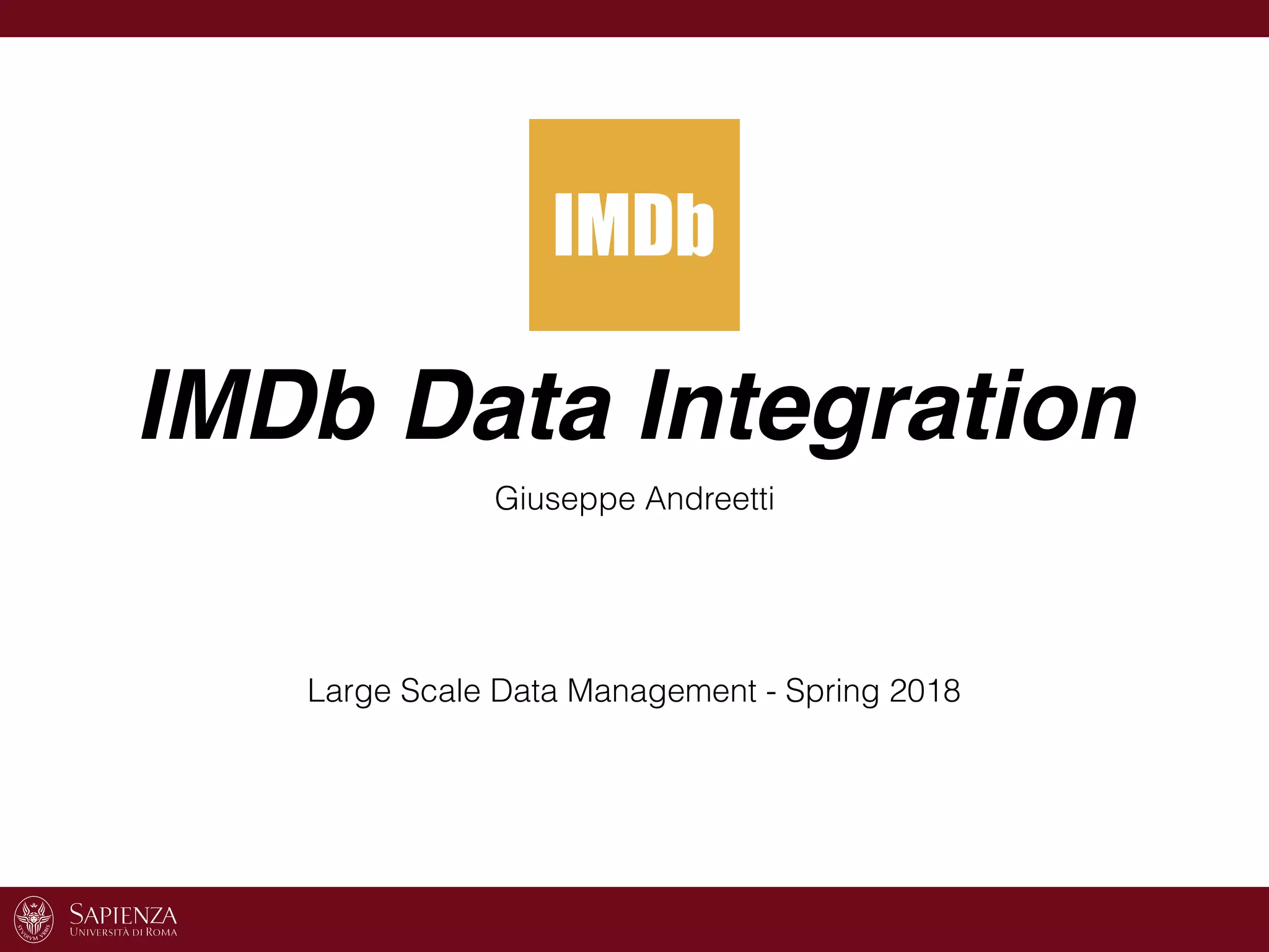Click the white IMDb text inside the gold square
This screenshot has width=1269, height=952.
pyautogui.click(x=634, y=224)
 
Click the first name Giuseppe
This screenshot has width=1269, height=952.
pyautogui.click(x=564, y=500)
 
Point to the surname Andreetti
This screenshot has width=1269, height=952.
pyautogui.click(x=709, y=498)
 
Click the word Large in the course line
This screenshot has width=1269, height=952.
pyautogui.click(x=349, y=692)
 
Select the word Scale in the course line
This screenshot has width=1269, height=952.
pyautogui.click(x=440, y=690)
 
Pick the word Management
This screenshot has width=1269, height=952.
pyautogui.click(x=661, y=692)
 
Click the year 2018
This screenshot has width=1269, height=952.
pyautogui.click(x=924, y=690)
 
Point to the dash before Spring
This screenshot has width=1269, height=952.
pyautogui.click(x=771, y=693)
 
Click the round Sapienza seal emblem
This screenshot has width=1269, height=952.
pyautogui.click(x=33, y=919)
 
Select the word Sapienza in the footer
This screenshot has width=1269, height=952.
pyautogui.click(x=123, y=914)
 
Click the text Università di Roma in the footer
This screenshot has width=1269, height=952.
pyautogui.click(x=123, y=932)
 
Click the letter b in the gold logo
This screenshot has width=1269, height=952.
pyautogui.click(x=695, y=224)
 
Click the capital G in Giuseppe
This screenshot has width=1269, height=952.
pyautogui.click(x=507, y=498)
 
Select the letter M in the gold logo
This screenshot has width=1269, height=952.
pyautogui.click(x=596, y=224)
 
